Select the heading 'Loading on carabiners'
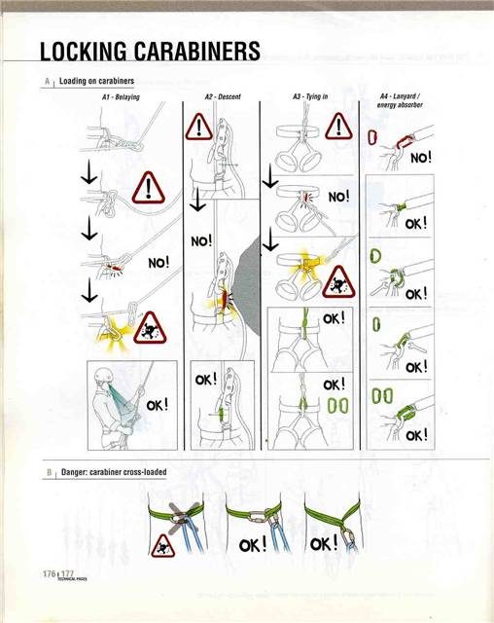[96, 80]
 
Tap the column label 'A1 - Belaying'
[121, 97]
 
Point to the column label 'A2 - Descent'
[223, 97]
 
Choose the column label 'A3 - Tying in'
[310, 97]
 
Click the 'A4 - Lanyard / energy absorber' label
[398, 101]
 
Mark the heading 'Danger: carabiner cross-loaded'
[114, 472]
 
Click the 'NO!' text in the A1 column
[159, 263]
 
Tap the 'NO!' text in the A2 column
[201, 238]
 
